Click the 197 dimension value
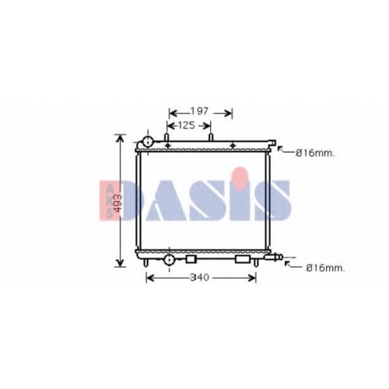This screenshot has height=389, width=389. (x=199, y=111)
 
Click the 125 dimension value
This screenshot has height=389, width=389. (x=186, y=126)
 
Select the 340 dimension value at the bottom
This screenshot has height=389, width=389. (x=199, y=278)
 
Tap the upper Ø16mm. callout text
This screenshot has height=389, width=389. (x=315, y=153)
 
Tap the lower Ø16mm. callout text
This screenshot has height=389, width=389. (x=326, y=268)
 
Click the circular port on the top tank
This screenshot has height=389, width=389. (x=148, y=142)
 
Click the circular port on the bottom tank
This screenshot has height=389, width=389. (x=170, y=259)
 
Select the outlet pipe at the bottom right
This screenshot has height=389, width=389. (x=274, y=257)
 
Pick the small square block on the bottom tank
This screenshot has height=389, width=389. (x=191, y=259)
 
